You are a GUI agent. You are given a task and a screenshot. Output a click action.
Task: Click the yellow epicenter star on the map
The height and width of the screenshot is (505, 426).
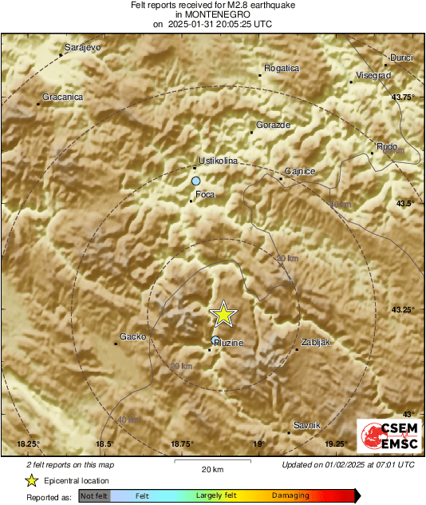(x=224, y=314)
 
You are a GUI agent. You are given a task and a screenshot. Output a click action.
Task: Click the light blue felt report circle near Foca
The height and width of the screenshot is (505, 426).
(x=195, y=182)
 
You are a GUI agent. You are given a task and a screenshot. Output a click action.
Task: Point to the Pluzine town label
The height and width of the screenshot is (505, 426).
(x=228, y=343)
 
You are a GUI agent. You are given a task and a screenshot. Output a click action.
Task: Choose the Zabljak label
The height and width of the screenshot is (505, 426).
(x=314, y=342)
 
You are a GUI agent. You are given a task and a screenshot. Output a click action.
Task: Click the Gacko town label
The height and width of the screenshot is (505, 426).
(x=132, y=336)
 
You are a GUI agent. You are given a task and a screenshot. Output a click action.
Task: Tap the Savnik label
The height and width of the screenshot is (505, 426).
(x=307, y=424)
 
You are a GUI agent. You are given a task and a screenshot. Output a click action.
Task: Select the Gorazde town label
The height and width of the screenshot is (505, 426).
(x=273, y=125)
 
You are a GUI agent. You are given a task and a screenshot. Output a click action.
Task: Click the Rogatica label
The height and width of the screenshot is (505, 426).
(x=282, y=68)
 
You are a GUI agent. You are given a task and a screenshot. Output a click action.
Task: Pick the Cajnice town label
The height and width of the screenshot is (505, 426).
(x=301, y=171)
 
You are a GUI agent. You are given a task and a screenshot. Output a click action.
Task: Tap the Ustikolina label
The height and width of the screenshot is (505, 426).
(x=219, y=161)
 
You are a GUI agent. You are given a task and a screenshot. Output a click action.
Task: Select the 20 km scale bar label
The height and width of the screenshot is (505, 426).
(x=211, y=468)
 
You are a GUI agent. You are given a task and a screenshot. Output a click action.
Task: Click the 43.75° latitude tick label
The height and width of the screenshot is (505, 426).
(x=404, y=97)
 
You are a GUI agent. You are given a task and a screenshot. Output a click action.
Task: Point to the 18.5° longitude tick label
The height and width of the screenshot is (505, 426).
(x=105, y=443)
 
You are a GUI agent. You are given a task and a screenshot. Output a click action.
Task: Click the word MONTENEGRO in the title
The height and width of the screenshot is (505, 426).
(x=213, y=14)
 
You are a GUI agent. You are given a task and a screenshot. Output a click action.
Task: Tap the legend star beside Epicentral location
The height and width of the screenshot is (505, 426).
(x=32, y=480)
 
